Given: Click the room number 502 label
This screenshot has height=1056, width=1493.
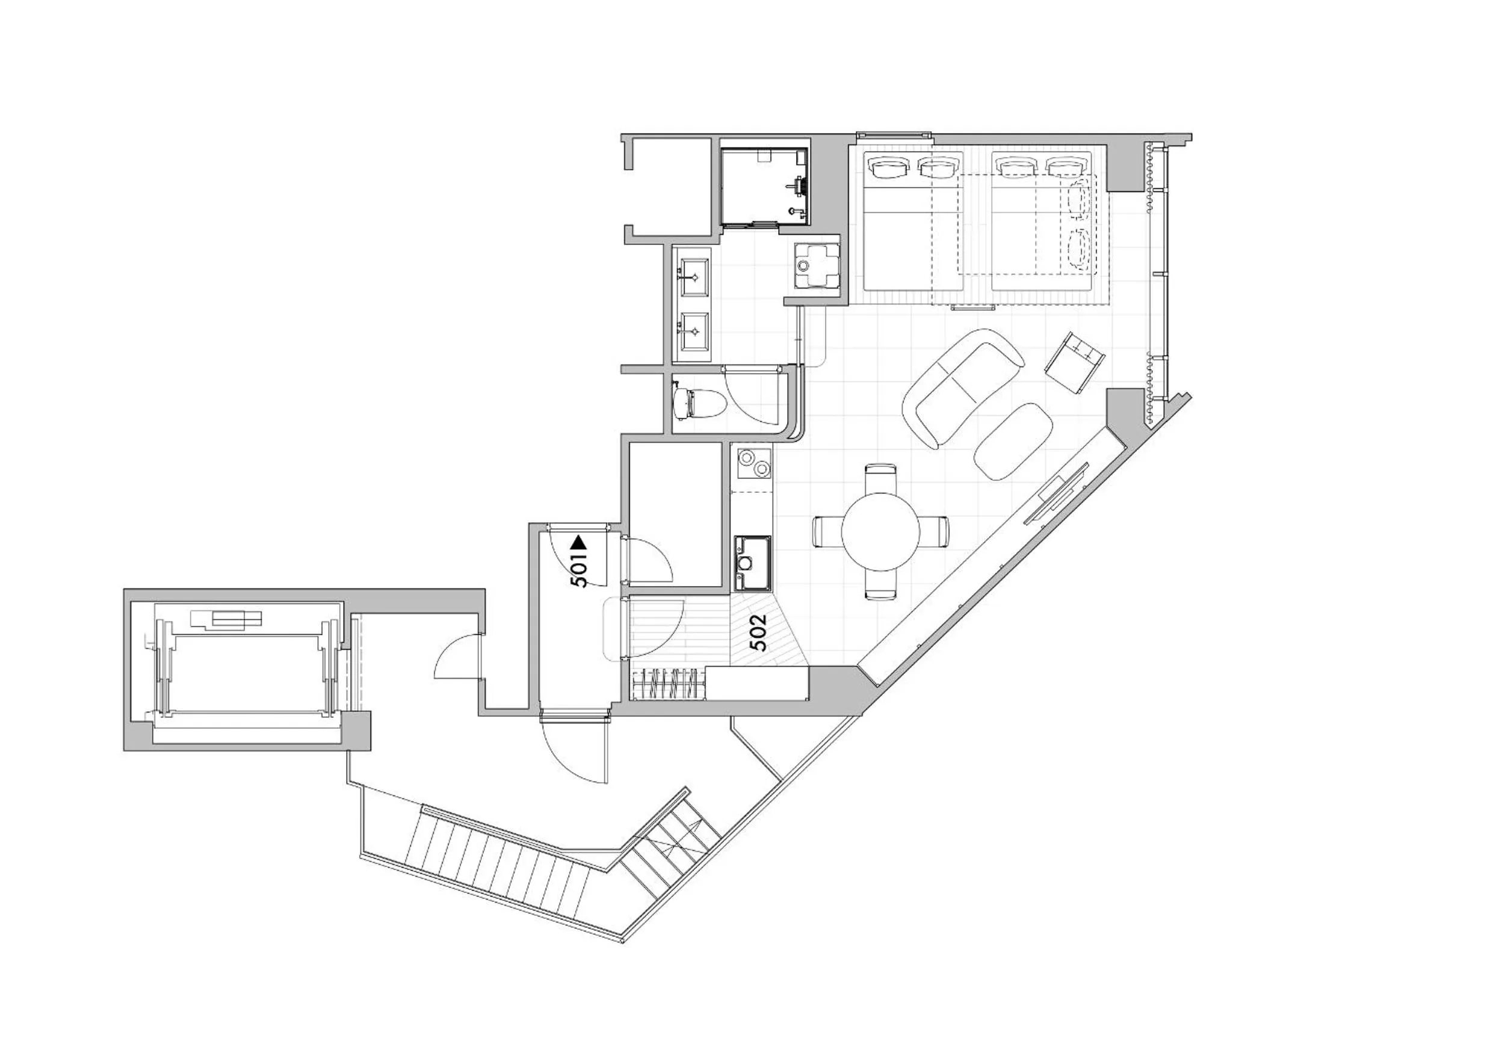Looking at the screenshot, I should coord(758,632).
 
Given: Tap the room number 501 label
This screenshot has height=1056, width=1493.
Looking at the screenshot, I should coord(580,570).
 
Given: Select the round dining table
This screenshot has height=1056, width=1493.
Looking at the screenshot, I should coord(880,531).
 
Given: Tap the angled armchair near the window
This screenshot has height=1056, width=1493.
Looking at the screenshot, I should coord(1075,362).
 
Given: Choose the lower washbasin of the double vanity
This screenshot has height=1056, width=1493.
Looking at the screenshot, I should coord(694,331).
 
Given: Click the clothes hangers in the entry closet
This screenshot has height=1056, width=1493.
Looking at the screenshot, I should coord(669,684).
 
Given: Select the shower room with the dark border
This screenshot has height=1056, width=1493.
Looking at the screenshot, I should coord(764,187).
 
